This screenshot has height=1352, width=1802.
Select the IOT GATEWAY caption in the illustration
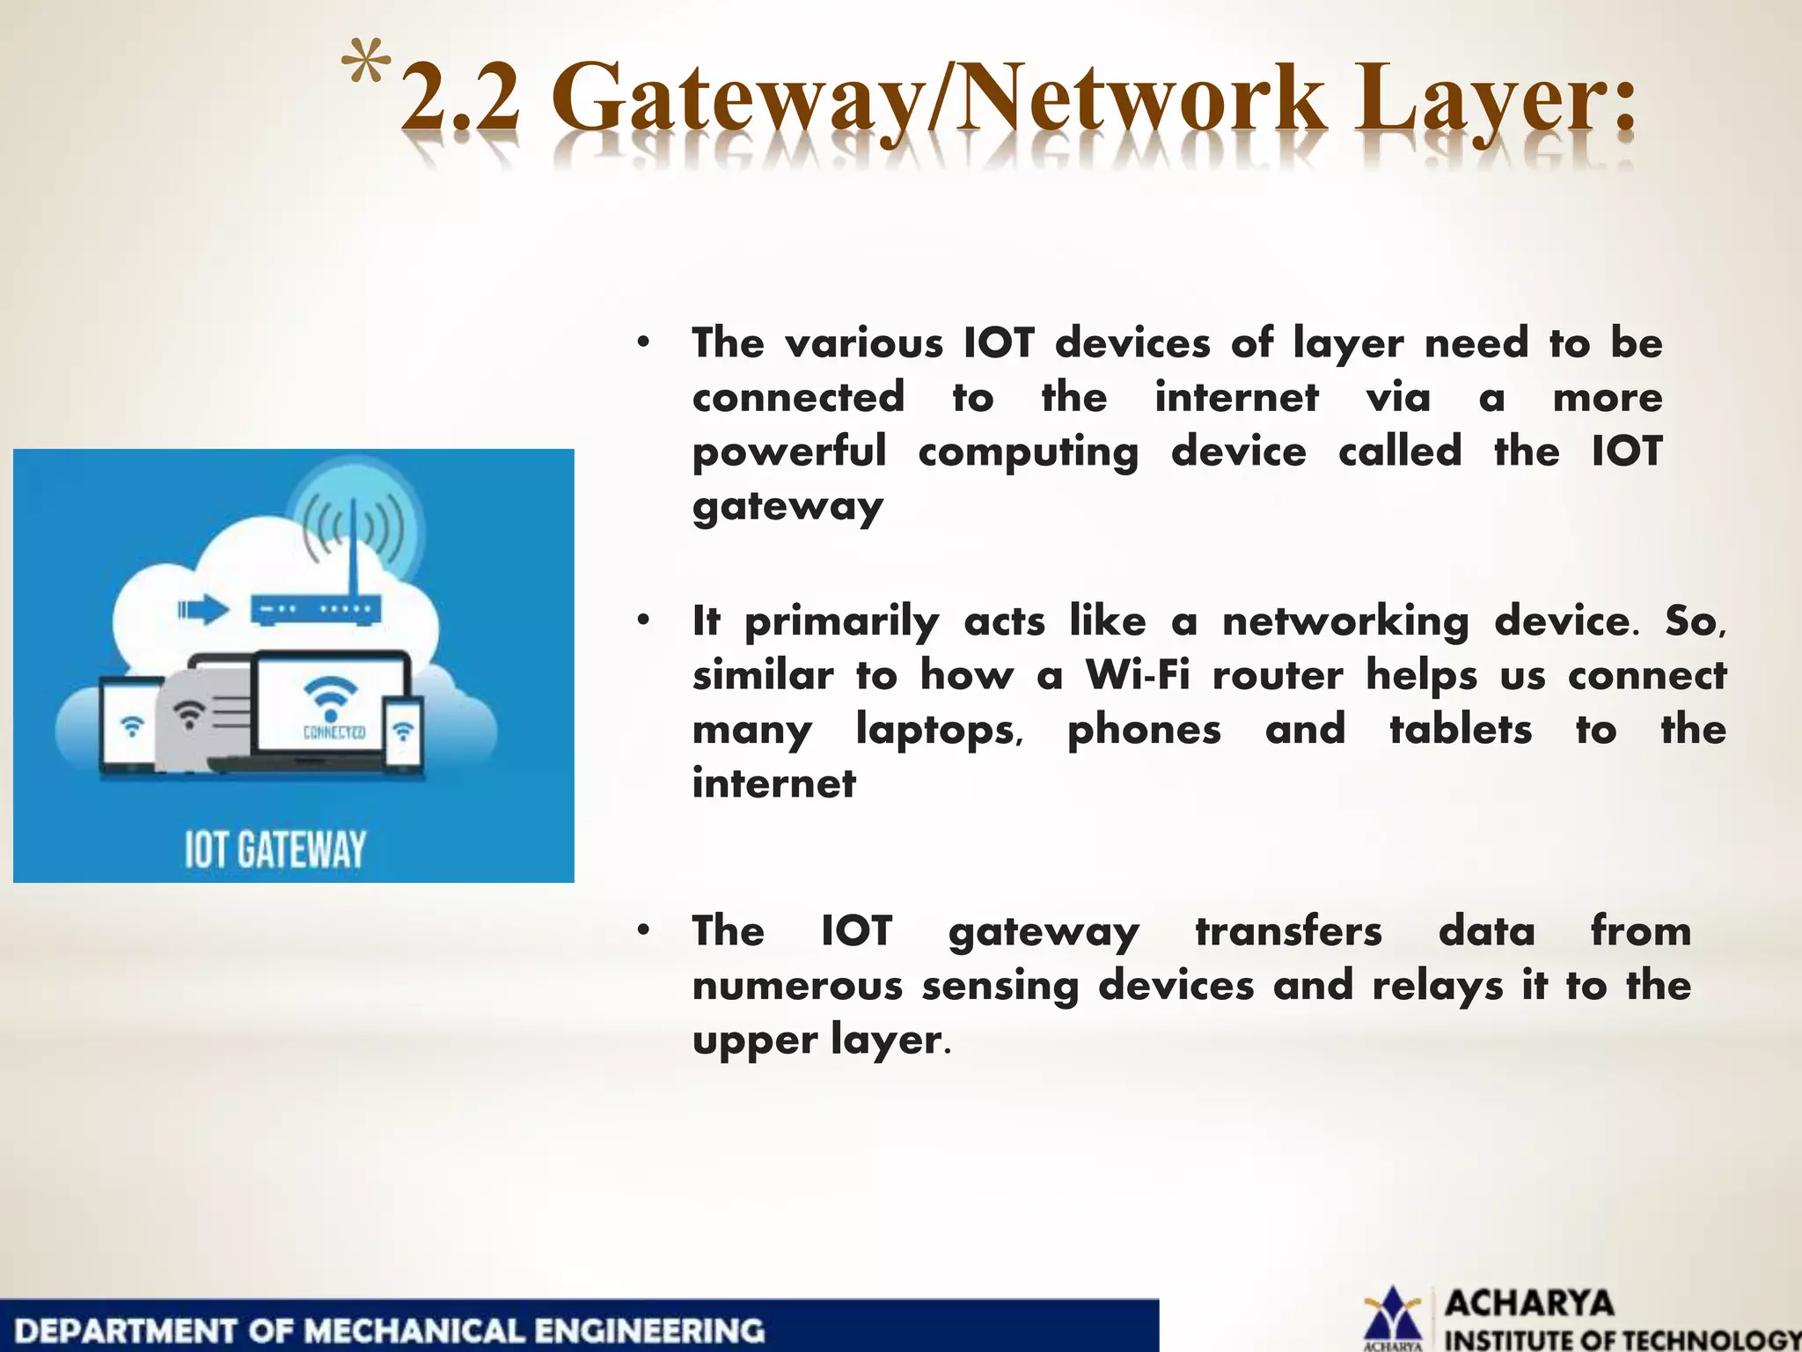[275, 849]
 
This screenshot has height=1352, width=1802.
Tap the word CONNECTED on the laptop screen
[333, 732]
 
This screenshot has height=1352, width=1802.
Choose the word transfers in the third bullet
[1288, 931]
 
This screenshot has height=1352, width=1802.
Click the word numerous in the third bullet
[797, 986]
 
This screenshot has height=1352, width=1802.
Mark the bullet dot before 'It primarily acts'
[644, 621]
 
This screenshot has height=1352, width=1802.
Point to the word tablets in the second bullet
[1461, 730]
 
